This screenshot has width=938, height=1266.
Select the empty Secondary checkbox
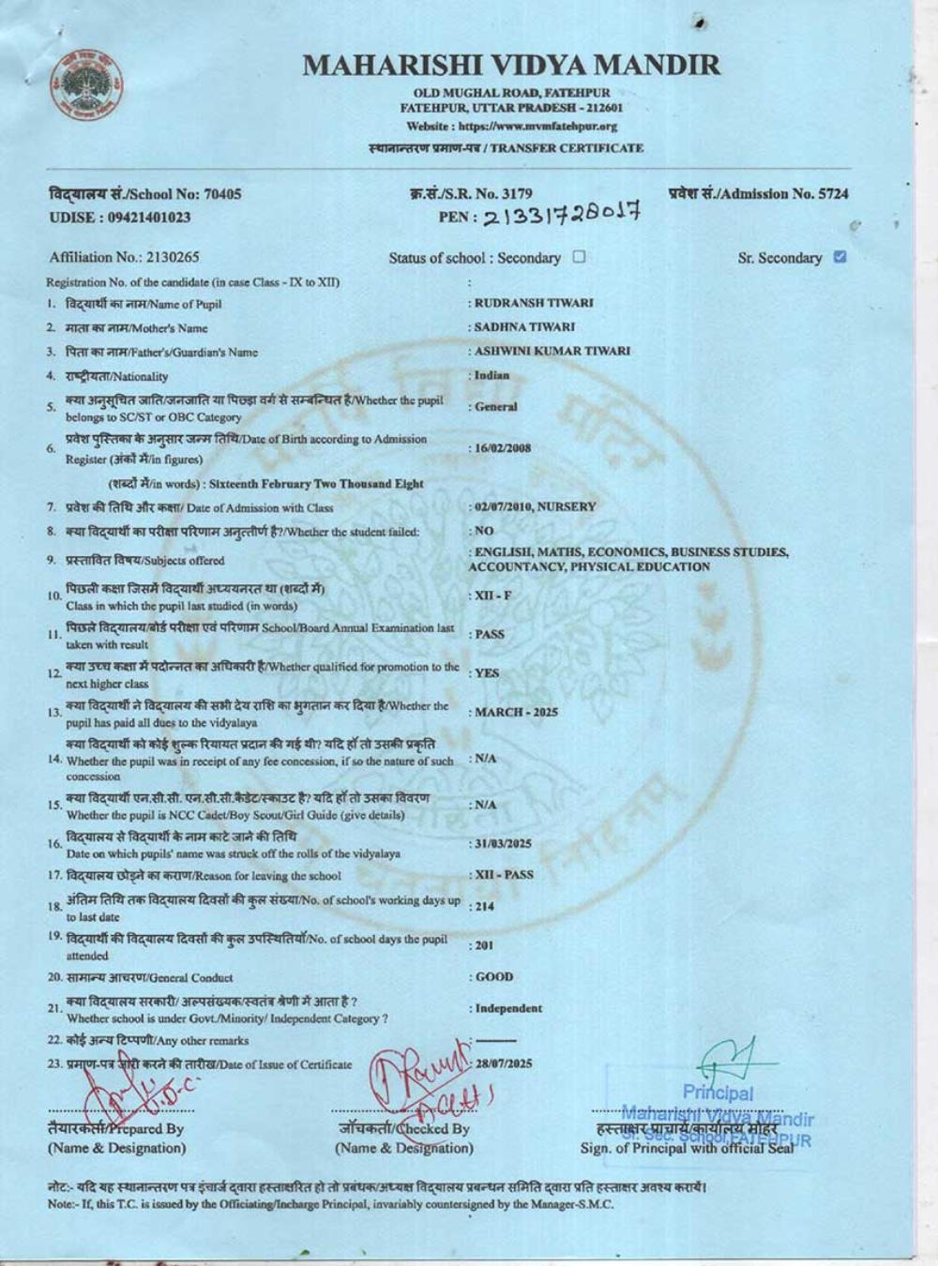point(579,257)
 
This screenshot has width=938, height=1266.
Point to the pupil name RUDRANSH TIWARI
point(534,303)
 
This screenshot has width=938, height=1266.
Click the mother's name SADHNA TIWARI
point(524,327)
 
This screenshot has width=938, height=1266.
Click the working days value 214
point(484,907)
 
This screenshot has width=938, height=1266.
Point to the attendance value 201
point(484,945)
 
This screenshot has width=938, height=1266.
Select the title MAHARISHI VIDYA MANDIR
point(512,65)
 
